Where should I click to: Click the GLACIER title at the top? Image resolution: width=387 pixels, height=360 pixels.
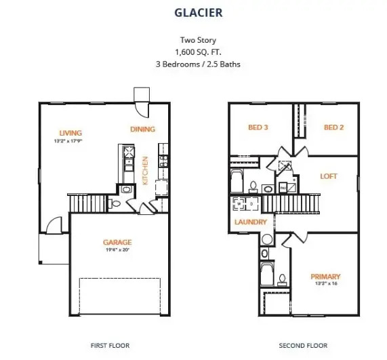(193, 12)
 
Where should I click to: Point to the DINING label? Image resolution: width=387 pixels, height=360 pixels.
(142, 129)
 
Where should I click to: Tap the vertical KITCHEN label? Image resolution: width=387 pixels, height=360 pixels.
(145, 170)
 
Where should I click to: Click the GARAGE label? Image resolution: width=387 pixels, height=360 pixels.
(117, 242)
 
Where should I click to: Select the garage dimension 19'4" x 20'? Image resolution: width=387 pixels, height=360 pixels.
(117, 249)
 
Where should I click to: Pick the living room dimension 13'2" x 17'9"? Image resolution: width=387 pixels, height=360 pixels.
(70, 141)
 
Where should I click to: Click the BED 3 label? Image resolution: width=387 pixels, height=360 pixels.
(258, 127)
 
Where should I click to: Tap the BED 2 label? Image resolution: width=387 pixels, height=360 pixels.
(334, 127)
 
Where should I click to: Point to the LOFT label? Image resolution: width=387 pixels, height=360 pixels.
(329, 176)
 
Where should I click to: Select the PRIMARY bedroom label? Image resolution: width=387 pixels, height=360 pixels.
(325, 276)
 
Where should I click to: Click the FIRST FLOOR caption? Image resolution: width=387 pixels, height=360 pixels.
(110, 346)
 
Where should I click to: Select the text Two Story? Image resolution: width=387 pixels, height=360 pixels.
(193, 39)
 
